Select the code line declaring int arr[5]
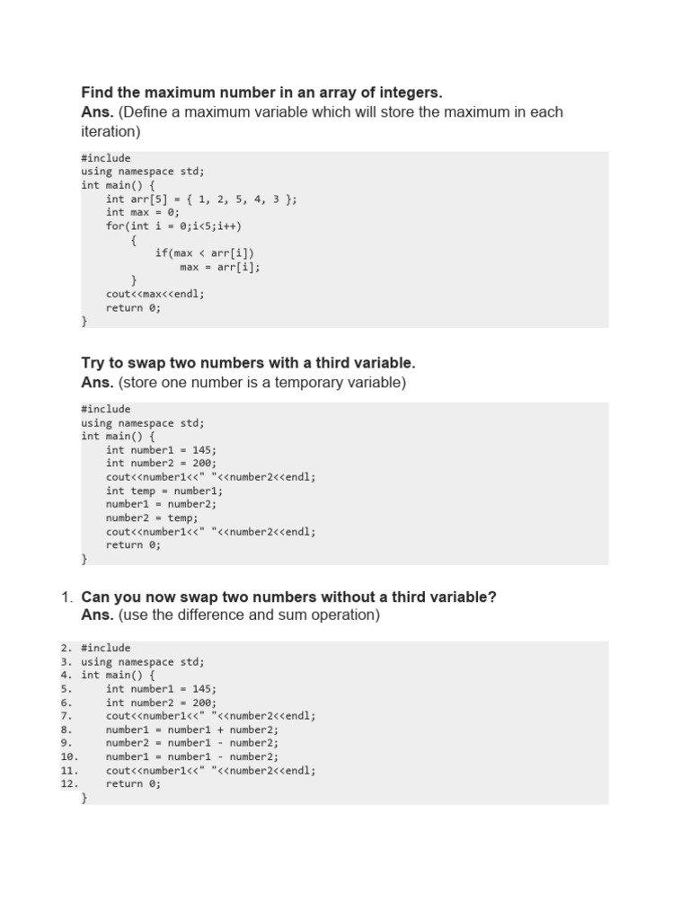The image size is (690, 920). click(x=201, y=199)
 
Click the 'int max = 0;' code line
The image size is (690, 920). click(x=143, y=212)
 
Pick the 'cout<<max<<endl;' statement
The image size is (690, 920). click(x=155, y=294)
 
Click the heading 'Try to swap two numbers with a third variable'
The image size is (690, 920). click(x=248, y=363)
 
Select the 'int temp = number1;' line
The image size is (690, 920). click(x=164, y=491)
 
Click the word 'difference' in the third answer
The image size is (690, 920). click(x=212, y=615)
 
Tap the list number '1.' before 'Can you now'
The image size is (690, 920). click(x=66, y=597)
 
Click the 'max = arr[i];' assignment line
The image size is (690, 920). click(x=220, y=267)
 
